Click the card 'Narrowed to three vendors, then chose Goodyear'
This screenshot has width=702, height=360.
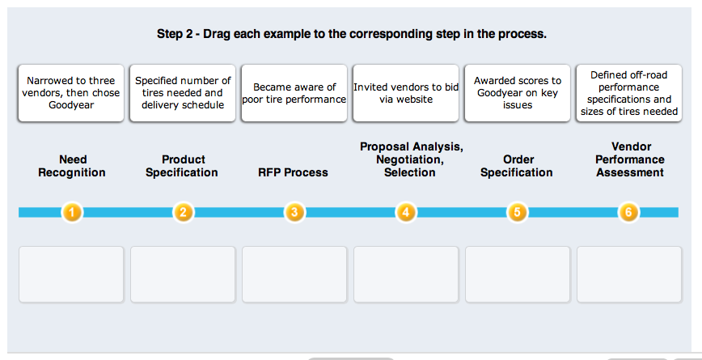(70, 93)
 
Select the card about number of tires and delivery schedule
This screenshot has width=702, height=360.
(183, 93)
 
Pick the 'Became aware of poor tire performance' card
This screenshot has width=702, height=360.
(294, 93)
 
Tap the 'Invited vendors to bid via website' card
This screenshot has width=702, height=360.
(406, 93)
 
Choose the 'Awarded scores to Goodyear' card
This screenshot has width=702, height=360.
(517, 93)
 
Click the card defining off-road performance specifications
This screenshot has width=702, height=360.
(629, 93)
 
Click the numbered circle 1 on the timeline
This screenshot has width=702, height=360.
(72, 212)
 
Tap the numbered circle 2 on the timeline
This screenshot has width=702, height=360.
(183, 212)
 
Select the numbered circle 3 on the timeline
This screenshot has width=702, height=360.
(294, 212)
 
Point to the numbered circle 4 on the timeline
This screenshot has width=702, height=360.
(406, 212)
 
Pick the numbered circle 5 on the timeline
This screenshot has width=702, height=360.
(517, 212)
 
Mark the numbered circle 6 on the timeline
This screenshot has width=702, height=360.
(628, 212)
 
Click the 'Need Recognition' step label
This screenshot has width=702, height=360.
(72, 166)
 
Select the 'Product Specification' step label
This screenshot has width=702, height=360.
(182, 166)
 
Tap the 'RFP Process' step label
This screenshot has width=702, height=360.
(294, 172)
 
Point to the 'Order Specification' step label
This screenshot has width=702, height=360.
(517, 166)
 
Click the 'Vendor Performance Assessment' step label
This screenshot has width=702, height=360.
(630, 159)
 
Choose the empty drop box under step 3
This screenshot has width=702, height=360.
(294, 274)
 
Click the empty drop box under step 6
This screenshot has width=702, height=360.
(629, 274)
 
